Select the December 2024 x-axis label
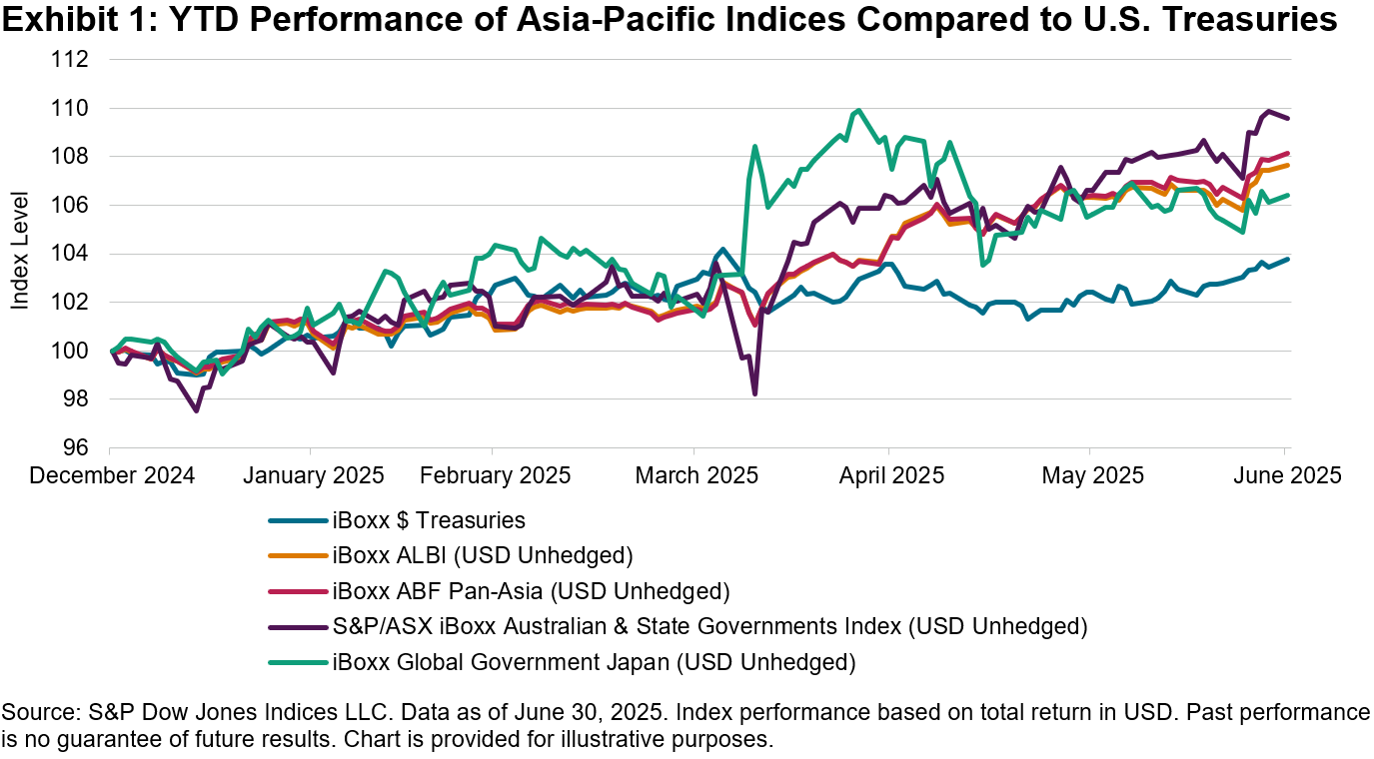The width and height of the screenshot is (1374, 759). coord(112,474)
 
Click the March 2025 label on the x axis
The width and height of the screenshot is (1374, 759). coord(696,474)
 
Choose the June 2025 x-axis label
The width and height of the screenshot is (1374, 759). coord(1285,474)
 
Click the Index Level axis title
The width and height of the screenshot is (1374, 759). coord(20,254)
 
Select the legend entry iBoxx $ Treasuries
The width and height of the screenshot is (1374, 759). coord(429,520)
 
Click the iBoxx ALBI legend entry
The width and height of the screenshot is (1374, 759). coord(483,555)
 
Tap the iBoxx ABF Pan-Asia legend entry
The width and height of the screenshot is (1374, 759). coord(531,591)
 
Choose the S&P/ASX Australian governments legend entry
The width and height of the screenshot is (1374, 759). coord(708,626)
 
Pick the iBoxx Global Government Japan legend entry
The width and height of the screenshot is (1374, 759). coord(594,661)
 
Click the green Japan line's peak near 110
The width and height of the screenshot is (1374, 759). coord(858,110)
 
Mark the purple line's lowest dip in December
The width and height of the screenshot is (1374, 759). coord(196,410)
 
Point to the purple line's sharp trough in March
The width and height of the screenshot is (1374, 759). coord(754,394)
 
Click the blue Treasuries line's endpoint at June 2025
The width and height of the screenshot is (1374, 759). coord(1286,259)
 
